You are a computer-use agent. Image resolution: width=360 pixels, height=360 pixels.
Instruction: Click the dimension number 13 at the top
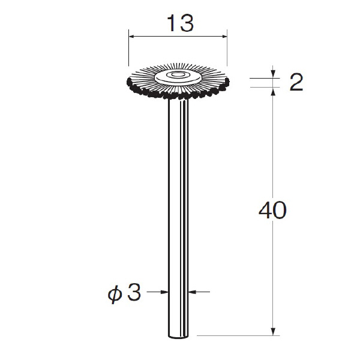point(180,23)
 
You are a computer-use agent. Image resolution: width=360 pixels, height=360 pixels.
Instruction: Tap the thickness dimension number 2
point(296,82)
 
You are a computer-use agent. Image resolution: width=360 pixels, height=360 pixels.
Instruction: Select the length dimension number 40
point(272,210)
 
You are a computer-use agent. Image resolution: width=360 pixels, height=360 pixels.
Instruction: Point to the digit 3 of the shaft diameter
point(134,292)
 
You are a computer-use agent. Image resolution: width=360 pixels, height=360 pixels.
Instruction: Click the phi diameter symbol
point(115,295)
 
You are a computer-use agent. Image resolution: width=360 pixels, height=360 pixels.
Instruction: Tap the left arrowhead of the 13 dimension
point(132,36)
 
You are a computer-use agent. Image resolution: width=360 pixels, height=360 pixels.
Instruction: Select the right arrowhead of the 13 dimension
point(224,36)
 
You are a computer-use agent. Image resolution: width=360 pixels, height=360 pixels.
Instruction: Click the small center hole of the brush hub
point(176,74)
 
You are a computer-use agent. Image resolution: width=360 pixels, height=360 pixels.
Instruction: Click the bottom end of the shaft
point(178,337)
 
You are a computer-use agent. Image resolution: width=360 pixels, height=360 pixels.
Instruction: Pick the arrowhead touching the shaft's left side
point(164,292)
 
